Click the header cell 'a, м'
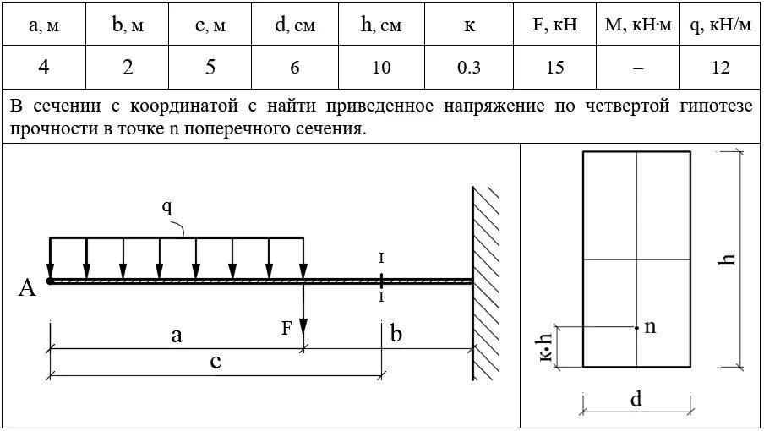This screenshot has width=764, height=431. (x=43, y=25)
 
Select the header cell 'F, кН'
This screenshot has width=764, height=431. (x=554, y=25)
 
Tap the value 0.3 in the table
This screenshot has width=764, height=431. (x=469, y=68)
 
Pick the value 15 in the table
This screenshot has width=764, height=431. (x=554, y=68)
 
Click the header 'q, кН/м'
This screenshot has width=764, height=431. (x=720, y=25)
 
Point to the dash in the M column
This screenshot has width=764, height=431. (x=638, y=68)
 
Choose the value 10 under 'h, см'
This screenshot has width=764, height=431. (x=381, y=68)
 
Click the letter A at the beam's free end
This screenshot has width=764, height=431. (x=27, y=289)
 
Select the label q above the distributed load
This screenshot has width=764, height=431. (x=166, y=206)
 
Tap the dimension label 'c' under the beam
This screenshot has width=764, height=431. (x=216, y=363)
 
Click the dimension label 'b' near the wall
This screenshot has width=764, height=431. (x=395, y=334)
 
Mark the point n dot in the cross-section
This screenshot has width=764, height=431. (x=636, y=327)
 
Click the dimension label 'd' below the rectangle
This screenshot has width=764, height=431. (x=636, y=399)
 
